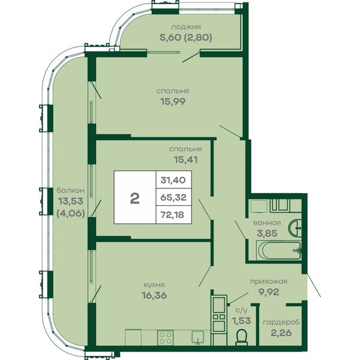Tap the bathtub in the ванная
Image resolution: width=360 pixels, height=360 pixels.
(279, 250)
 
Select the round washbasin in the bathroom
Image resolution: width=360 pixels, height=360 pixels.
(295, 228)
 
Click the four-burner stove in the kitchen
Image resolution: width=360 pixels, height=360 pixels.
(166, 337)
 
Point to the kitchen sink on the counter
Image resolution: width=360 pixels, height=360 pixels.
(198, 337)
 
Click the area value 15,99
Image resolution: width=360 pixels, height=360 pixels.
(173, 101)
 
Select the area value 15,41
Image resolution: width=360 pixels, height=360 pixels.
(186, 160)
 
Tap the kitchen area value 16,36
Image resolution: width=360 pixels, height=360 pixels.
(154, 295)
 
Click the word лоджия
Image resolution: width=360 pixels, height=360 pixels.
(186, 27)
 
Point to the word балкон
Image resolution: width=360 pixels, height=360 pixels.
(71, 191)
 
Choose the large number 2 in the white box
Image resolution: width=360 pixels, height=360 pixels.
(135, 199)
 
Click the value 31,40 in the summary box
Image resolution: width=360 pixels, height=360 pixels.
(173, 180)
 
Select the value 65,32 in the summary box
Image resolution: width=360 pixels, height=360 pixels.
(173, 197)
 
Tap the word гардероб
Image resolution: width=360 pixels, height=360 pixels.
(281, 323)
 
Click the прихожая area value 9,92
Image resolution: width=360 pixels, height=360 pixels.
(268, 292)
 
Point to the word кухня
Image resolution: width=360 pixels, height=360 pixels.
(154, 285)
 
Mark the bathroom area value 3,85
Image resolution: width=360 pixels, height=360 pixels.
(267, 233)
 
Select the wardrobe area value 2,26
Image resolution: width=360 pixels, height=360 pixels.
(281, 332)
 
